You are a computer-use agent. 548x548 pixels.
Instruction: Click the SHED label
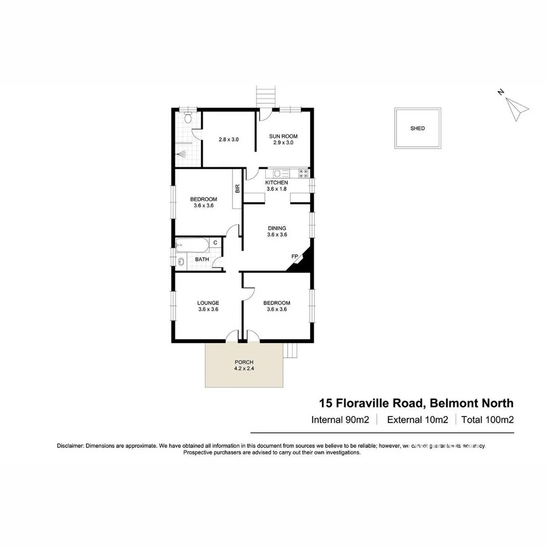coord(418,128)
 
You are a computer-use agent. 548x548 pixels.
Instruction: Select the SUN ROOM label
coord(283,136)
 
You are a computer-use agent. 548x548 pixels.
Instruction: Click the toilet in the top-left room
coord(188,118)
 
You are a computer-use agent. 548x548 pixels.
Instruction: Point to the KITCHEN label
coord(277,183)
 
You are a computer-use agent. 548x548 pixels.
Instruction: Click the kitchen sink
coord(282,173)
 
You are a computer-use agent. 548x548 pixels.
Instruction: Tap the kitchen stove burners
coord(303,173)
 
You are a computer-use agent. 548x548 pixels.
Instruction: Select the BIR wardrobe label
coord(237,189)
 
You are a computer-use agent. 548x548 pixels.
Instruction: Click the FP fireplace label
coord(294,257)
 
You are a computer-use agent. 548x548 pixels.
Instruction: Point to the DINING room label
coord(277,228)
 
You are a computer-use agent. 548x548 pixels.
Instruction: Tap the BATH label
coord(202,259)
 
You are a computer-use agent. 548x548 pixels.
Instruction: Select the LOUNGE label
coord(208,303)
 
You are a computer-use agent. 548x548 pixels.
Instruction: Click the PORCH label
coord(244,362)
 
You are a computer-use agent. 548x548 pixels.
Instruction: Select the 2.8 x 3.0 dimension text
coord(228,139)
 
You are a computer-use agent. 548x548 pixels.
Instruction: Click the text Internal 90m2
coord(339,420)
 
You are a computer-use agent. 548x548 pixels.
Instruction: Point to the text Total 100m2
coord(488,420)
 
